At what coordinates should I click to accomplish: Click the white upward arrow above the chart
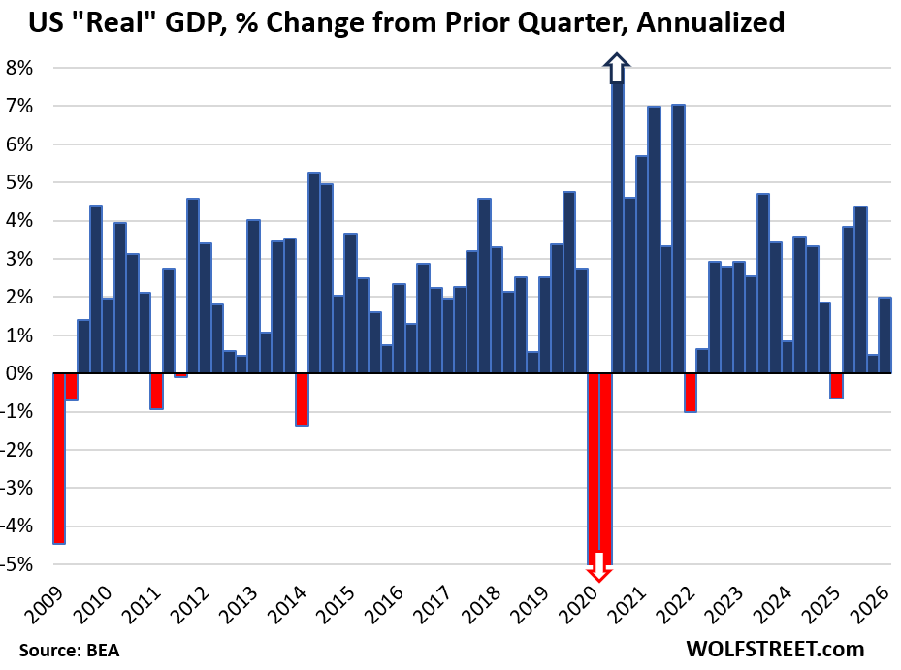[x=617, y=70]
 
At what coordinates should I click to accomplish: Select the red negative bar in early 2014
[x=302, y=399]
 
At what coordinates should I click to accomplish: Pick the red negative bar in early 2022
[x=691, y=392]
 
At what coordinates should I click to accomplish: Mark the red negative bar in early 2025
[x=836, y=386]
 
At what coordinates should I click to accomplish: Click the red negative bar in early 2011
[x=156, y=391]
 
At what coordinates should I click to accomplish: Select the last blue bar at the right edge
[x=885, y=335]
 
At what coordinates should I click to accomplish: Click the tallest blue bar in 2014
[x=314, y=272]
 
